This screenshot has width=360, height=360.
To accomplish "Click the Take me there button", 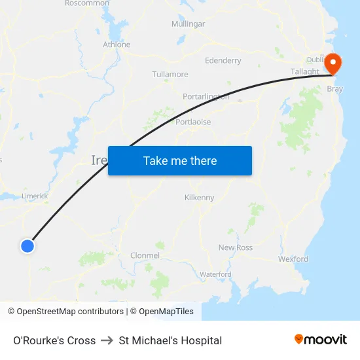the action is pyautogui.click(x=180, y=160).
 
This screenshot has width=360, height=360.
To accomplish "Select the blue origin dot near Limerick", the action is pyautogui.click(x=27, y=245).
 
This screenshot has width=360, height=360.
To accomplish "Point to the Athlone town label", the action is pyautogui.click(x=117, y=45).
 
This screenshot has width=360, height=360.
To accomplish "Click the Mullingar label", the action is pyautogui.click(x=188, y=24).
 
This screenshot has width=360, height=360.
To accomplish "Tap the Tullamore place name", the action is pyautogui.click(x=170, y=74).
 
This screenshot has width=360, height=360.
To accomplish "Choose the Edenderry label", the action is pyautogui.click(x=223, y=60).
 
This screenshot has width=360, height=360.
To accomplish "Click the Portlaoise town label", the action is pyautogui.click(x=193, y=122).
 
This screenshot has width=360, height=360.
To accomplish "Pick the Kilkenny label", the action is pyautogui.click(x=200, y=197).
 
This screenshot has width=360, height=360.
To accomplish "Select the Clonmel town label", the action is pyautogui.click(x=145, y=255).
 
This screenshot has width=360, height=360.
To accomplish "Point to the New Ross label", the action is pyautogui.click(x=236, y=247).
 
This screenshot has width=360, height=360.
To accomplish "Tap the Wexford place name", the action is pyautogui.click(x=293, y=259).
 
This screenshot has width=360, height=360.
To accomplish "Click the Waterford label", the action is pyautogui.click(x=216, y=274).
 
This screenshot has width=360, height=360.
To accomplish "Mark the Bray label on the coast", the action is pyautogui.click(x=334, y=88).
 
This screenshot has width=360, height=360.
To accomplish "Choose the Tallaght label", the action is pyautogui.click(x=305, y=71).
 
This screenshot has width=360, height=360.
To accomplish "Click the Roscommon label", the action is pyautogui.click(x=87, y=3).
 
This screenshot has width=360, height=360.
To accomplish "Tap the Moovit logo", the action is pyautogui.click(x=321, y=339).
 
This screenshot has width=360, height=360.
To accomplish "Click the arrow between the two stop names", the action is pyautogui.click(x=107, y=340).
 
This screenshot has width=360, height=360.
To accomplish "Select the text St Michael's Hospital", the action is pyautogui.click(x=170, y=340).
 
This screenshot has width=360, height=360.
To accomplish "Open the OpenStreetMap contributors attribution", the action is pyautogui.click(x=70, y=312).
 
